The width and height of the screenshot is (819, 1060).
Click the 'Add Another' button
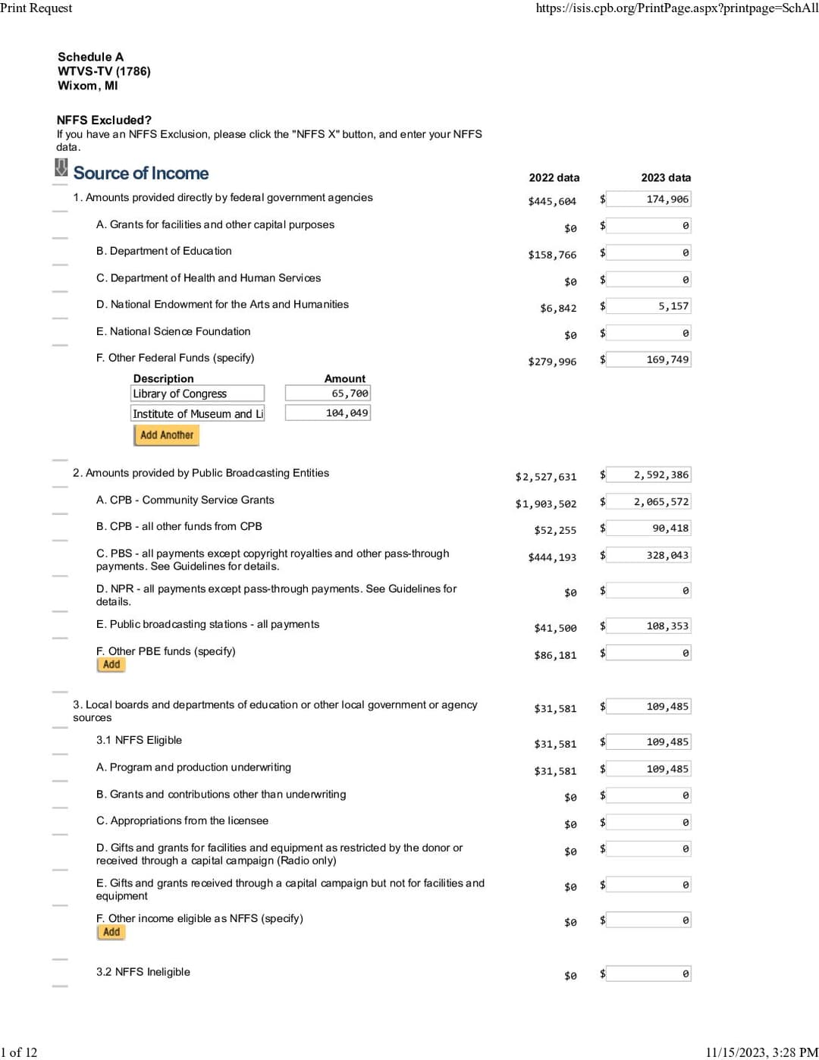point(166,435)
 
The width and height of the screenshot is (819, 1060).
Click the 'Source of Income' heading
point(141,174)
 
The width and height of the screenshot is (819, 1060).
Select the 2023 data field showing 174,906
point(648,199)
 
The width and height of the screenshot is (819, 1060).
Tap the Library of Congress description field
point(197,394)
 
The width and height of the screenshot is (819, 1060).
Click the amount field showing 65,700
point(328,394)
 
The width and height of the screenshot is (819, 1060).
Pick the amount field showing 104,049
point(328,413)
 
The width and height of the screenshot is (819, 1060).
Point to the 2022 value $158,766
point(552,255)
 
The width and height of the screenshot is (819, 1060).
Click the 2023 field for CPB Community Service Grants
point(648,502)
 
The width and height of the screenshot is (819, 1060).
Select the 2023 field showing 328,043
point(648,555)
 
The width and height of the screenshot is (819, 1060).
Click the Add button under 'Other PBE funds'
point(111,665)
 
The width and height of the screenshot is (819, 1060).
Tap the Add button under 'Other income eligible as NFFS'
point(111,933)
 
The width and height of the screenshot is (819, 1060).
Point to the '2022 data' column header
point(554,177)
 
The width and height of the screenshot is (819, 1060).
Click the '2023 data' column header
point(666,177)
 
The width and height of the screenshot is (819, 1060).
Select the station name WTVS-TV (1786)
point(104,71)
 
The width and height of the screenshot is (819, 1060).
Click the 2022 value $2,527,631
point(545,477)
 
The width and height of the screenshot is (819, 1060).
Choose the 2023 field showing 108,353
point(648,626)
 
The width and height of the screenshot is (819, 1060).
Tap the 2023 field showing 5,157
point(648,306)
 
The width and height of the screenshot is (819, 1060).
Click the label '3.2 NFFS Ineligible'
point(143,972)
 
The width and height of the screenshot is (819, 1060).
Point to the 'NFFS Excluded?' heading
point(104,120)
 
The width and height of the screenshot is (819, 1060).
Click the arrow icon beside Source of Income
point(61,168)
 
